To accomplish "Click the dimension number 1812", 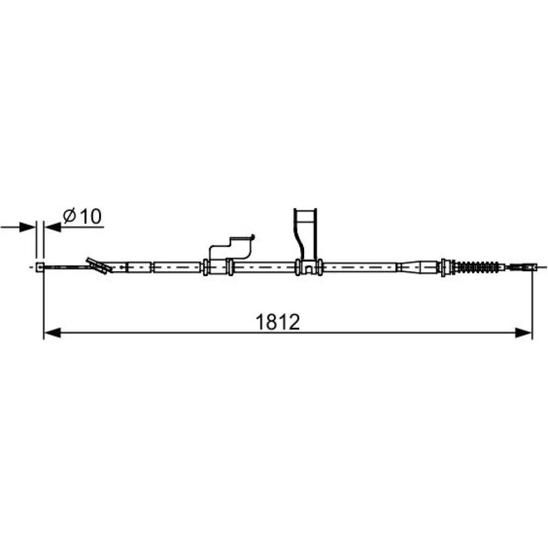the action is click(x=278, y=322).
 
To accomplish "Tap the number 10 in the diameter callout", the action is click(x=91, y=216).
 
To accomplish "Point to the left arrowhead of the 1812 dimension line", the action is click(x=53, y=333).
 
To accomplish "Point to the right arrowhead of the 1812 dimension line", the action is click(x=523, y=333).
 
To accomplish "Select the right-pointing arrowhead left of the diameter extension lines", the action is click(x=27, y=227).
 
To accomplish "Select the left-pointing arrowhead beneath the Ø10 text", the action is click(x=53, y=227).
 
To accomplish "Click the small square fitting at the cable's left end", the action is click(x=40, y=267).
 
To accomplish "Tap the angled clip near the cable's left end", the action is click(x=99, y=266).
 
